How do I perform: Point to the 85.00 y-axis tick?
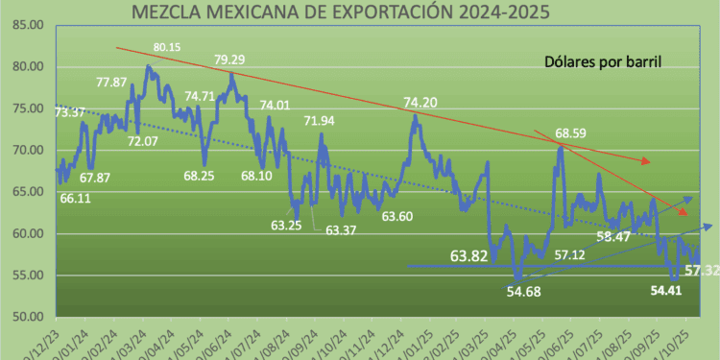coord(28,26)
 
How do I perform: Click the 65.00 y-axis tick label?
coord(28,192)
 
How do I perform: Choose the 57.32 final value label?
coord(700,272)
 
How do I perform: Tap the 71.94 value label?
coord(320,121)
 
